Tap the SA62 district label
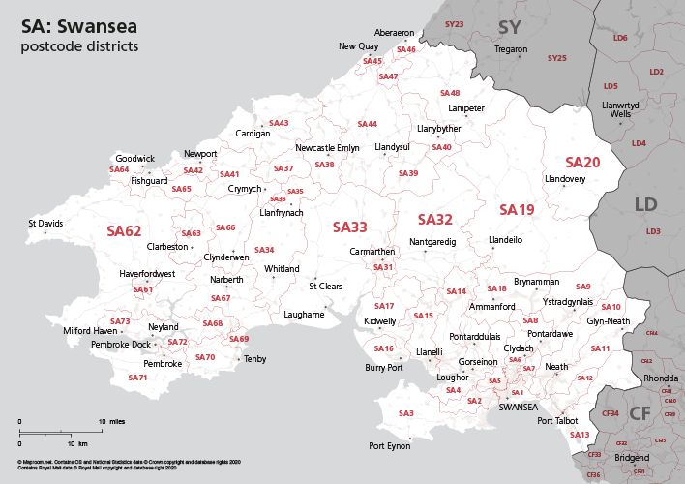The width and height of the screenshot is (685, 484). pos(124,231)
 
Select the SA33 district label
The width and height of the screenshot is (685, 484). pos(349,227)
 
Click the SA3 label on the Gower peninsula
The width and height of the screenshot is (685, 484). pos(406,413)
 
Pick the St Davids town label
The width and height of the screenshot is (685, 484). pos(45,224)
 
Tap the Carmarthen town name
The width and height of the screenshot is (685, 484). pos(372,251)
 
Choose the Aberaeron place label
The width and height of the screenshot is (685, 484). pos(394,32)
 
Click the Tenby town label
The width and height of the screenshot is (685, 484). pos(255,359)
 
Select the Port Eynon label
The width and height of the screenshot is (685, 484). pos(390,446)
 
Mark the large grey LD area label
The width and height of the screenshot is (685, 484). pos(645,204)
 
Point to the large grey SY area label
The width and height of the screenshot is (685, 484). pos(509,26)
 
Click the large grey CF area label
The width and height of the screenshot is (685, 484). pos(640,413)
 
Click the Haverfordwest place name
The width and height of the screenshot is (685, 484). pos(147,274)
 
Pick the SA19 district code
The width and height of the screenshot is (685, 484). pos(517,209)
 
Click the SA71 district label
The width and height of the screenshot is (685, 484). pos(137,377)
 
